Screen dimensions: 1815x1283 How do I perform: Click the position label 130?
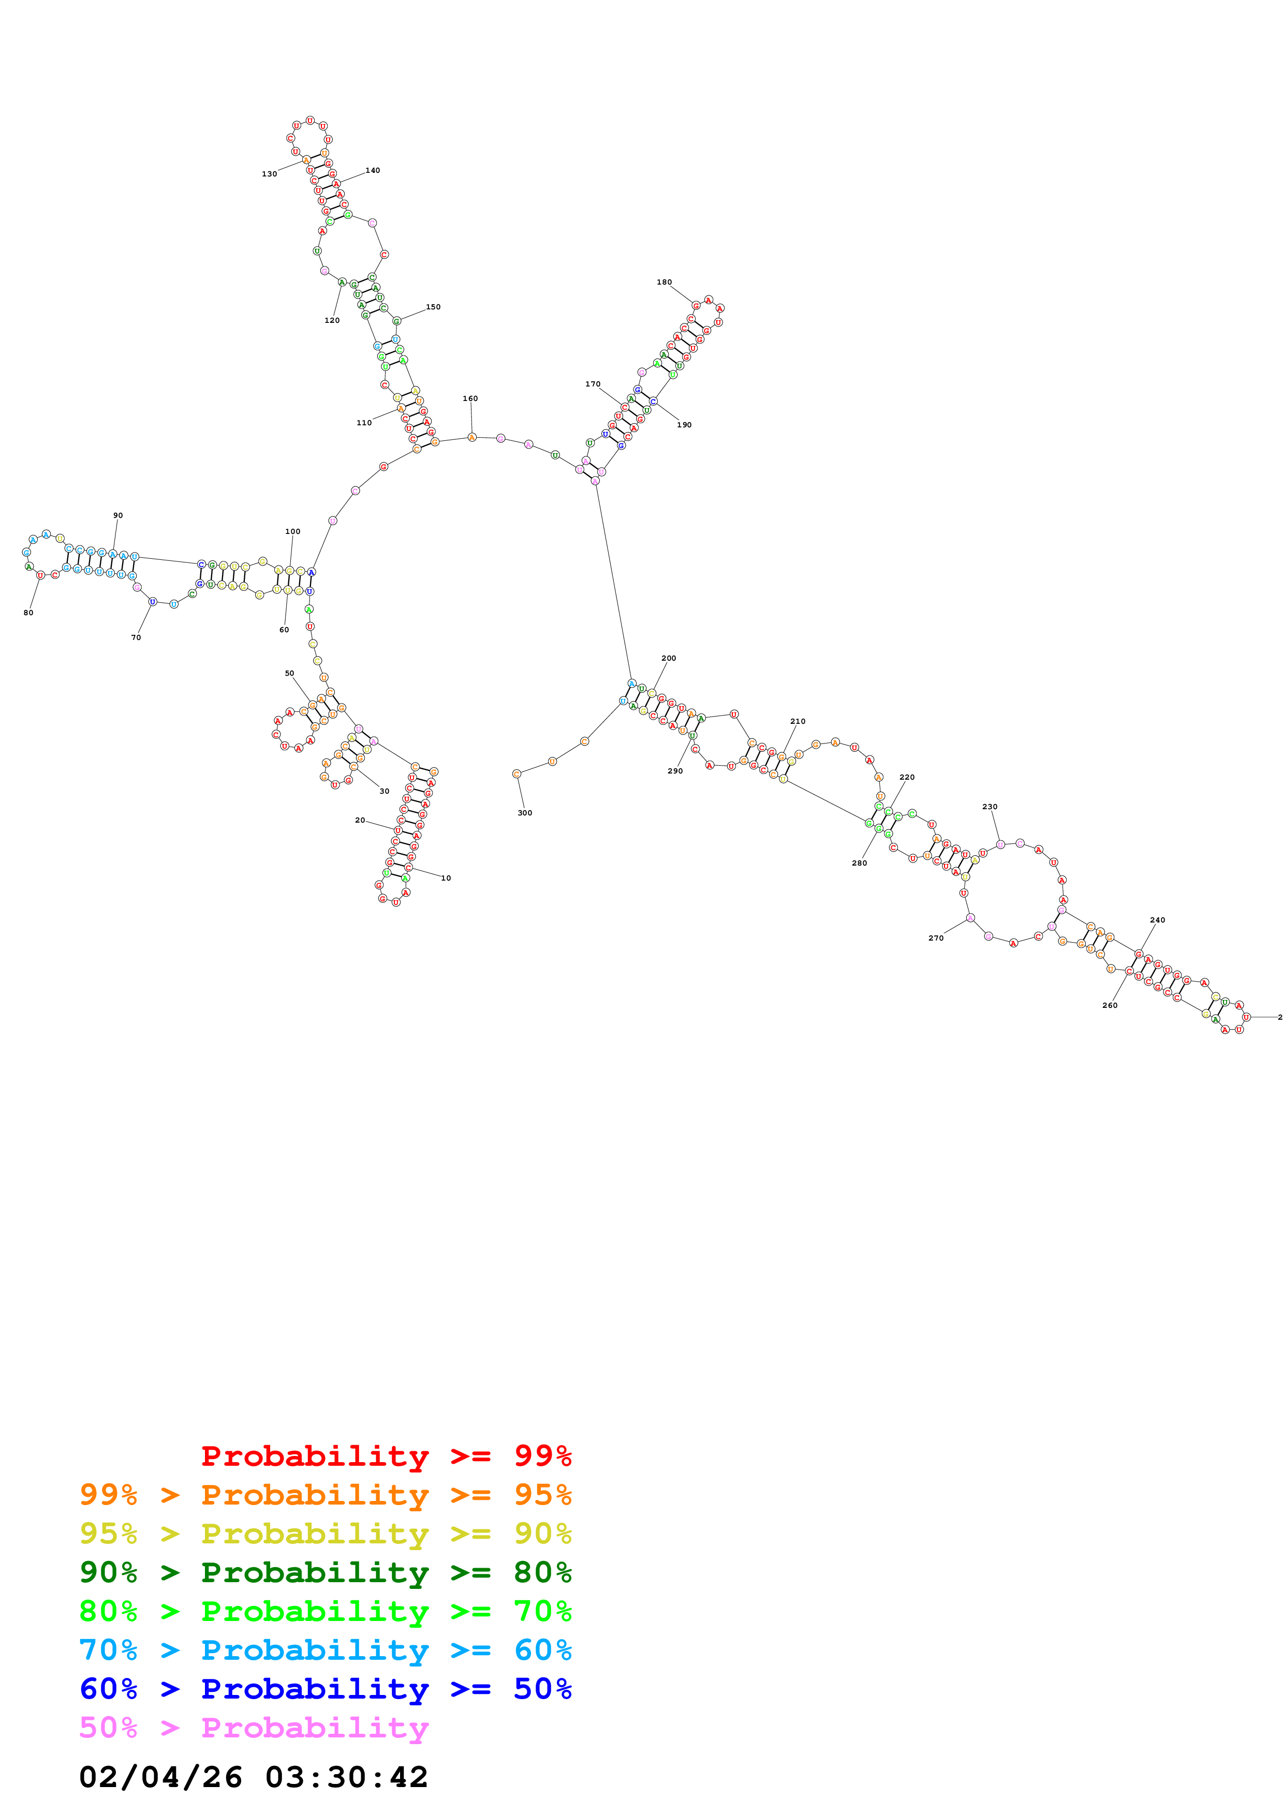[x=270, y=174]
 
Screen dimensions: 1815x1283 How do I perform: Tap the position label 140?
[x=372, y=170]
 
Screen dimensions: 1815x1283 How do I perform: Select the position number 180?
[x=664, y=282]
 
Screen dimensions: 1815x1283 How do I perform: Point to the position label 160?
[x=470, y=398]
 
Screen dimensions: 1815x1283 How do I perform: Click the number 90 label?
[x=118, y=515]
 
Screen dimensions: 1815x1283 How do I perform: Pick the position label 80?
[x=28, y=613]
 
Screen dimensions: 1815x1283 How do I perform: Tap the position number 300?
[x=525, y=813]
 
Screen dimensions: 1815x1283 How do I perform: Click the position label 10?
[x=446, y=878]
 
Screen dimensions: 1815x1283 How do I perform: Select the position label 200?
[x=669, y=658]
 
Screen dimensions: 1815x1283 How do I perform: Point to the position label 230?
[x=990, y=807]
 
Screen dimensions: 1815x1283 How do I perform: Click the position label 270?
[x=936, y=939]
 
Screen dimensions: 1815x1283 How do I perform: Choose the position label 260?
[x=1110, y=1005]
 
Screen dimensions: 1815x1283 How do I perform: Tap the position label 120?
[x=332, y=320]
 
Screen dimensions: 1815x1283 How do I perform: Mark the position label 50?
[x=289, y=674]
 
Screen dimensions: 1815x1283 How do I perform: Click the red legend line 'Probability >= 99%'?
[x=386, y=1456]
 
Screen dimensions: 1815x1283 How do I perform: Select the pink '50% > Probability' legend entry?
[x=254, y=1728]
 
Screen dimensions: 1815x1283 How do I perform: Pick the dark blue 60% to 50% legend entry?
[x=325, y=1689]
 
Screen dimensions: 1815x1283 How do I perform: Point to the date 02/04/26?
[x=160, y=1778]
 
